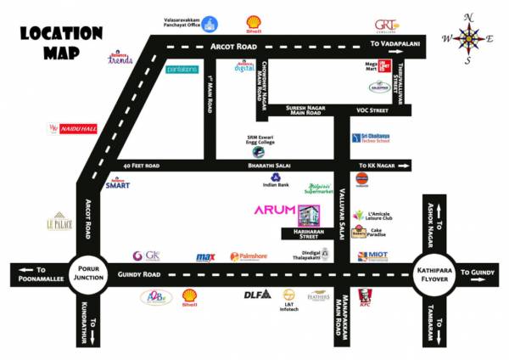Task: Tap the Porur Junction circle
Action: (x=87, y=273)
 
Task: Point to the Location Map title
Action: (x=61, y=42)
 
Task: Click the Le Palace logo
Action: (x=59, y=223)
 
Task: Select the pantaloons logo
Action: (x=181, y=69)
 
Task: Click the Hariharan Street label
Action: (x=308, y=235)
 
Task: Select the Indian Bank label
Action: (x=277, y=184)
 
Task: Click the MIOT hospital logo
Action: (x=373, y=255)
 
